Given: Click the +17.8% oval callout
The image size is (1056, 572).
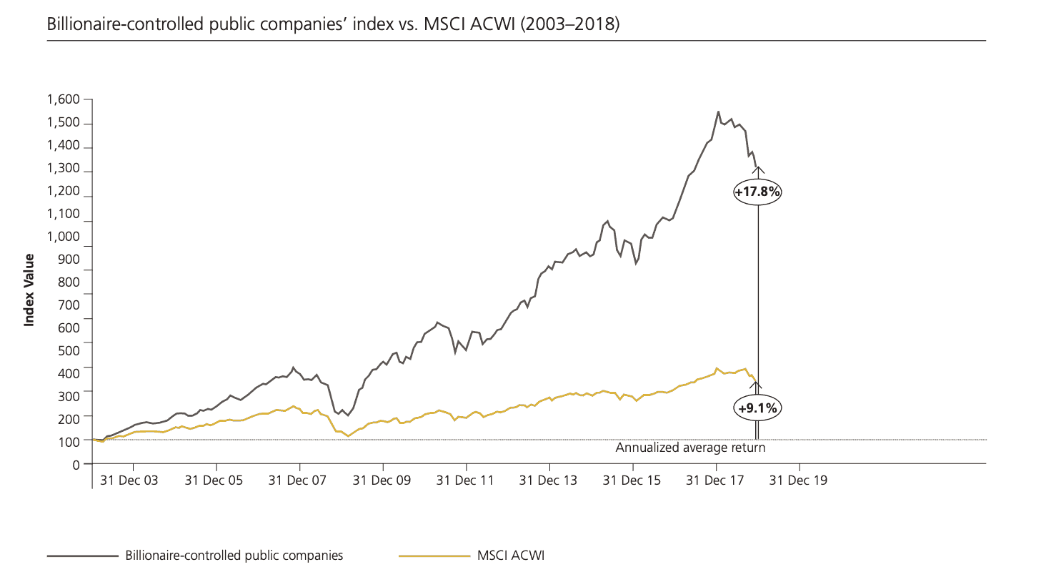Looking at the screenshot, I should tap(757, 192).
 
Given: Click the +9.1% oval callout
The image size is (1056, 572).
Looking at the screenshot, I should tap(757, 408).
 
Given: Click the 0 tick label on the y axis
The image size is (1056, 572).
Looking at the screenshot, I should tap(76, 465).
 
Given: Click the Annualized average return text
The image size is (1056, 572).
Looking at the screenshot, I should tap(690, 448).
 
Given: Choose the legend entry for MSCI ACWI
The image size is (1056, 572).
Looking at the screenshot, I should tap(514, 555).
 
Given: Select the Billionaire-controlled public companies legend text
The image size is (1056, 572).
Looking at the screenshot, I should tap(234, 555).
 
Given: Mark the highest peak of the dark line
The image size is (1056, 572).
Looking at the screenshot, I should tap(718, 112).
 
